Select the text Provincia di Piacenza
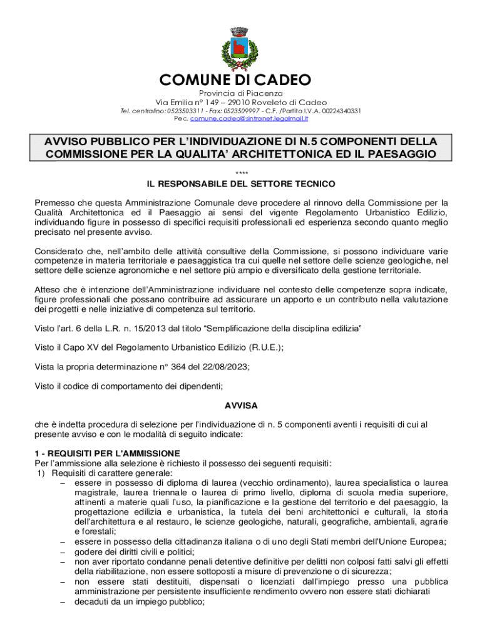[x=241, y=93]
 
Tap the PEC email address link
[x=254, y=118]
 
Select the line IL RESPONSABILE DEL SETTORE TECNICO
[x=241, y=184]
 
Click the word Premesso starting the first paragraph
[x=55, y=203]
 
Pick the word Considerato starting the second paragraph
[x=59, y=252]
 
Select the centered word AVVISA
[x=241, y=406]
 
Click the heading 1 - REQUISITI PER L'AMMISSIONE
[x=107, y=453]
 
